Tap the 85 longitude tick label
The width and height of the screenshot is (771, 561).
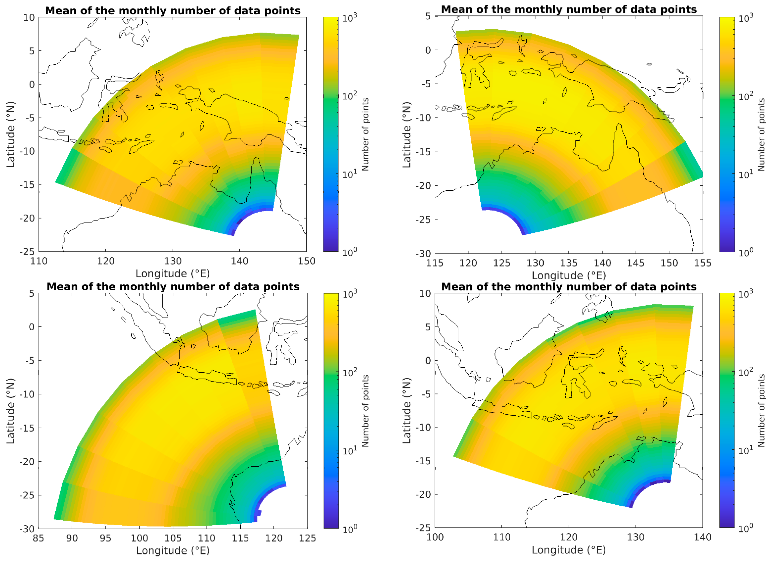click(x=39, y=538)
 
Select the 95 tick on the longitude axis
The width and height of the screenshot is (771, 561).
click(x=105, y=538)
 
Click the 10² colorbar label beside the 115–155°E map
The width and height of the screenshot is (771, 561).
click(x=746, y=96)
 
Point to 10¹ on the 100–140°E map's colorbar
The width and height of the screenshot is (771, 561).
click(x=746, y=450)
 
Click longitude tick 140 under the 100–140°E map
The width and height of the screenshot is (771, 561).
click(x=702, y=537)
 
